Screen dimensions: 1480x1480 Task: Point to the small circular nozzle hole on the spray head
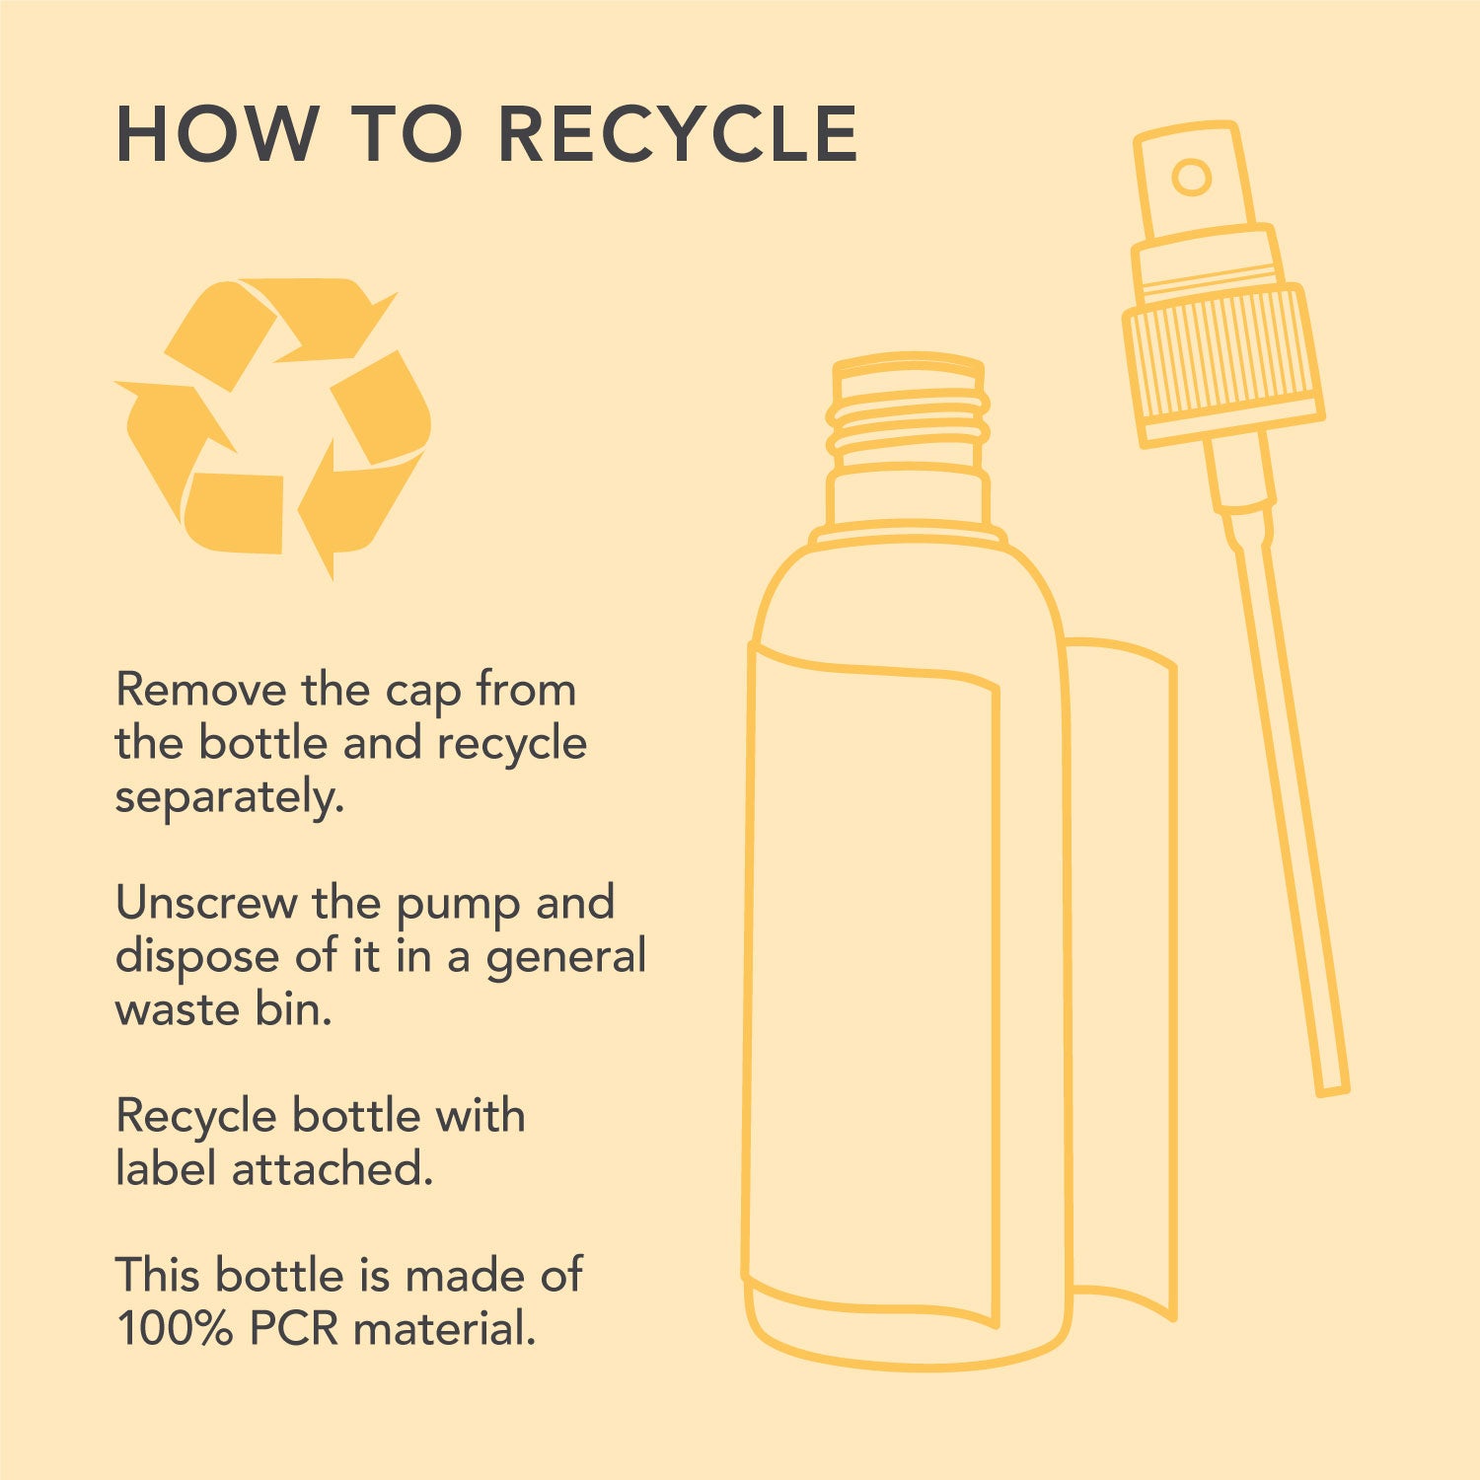point(1191,178)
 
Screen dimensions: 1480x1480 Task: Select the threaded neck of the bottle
point(909,414)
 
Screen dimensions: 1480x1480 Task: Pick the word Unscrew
point(206,903)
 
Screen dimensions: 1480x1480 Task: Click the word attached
point(333,1169)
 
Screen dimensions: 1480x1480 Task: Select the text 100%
point(175,1329)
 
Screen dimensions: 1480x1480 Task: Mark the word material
point(445,1329)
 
